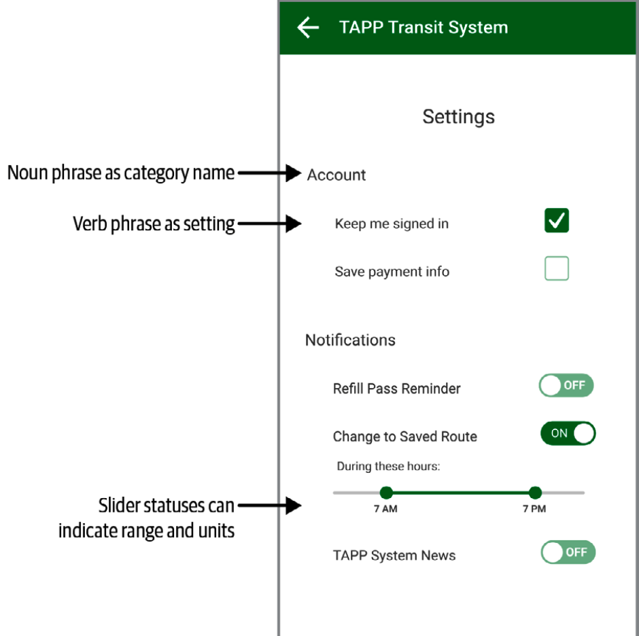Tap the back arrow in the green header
pyautogui.click(x=308, y=27)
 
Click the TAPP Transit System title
pyautogui.click(x=424, y=28)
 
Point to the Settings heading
pyautogui.click(x=458, y=117)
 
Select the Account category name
pyautogui.click(x=336, y=175)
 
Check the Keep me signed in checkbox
pyautogui.click(x=557, y=220)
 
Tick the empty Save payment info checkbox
pyautogui.click(x=557, y=268)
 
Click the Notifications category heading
pyautogui.click(x=351, y=340)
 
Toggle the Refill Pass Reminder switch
pyautogui.click(x=566, y=385)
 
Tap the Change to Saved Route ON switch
pyautogui.click(x=568, y=433)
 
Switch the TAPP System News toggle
pyautogui.click(x=568, y=552)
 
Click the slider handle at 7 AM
pyautogui.click(x=386, y=493)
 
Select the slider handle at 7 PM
pyautogui.click(x=535, y=493)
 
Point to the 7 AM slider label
pyautogui.click(x=385, y=509)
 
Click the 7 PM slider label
pyautogui.click(x=534, y=509)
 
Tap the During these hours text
pyautogui.click(x=388, y=466)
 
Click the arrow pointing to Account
pyautogui.click(x=270, y=173)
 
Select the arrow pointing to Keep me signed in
pyautogui.click(x=270, y=224)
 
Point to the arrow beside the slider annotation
pyautogui.click(x=270, y=506)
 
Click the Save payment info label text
pyautogui.click(x=392, y=272)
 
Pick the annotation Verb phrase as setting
pyautogui.click(x=154, y=224)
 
